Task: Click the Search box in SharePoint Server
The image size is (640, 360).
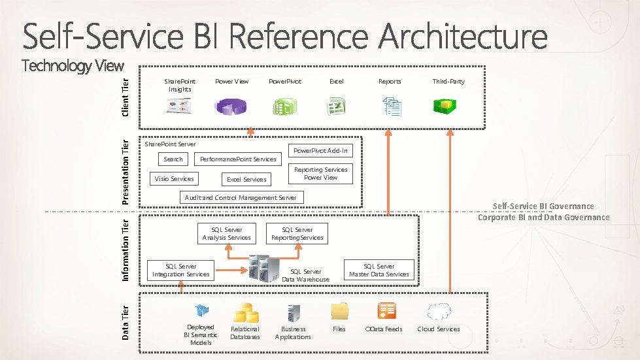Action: tap(173, 159)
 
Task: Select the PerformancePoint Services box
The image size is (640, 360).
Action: tap(238, 159)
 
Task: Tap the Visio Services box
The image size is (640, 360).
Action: tap(173, 179)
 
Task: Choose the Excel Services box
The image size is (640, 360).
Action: tap(246, 179)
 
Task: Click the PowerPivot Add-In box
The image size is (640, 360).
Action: tap(320, 151)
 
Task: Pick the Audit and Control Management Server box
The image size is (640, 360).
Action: tap(241, 197)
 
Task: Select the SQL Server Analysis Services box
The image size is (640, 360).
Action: tap(226, 234)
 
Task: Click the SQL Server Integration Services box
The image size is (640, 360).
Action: tap(181, 270)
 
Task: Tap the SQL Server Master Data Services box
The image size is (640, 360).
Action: tap(379, 270)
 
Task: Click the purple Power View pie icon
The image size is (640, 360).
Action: tap(232, 106)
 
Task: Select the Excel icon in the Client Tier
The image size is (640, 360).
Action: tap(337, 106)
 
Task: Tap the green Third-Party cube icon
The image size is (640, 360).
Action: tap(448, 106)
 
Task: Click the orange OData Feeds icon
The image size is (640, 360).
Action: tap(386, 311)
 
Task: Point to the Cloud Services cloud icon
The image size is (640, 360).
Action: tap(439, 311)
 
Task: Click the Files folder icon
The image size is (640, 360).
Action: tap(339, 311)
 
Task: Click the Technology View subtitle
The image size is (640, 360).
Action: tap(73, 65)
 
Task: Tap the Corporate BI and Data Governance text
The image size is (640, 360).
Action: tap(543, 218)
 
